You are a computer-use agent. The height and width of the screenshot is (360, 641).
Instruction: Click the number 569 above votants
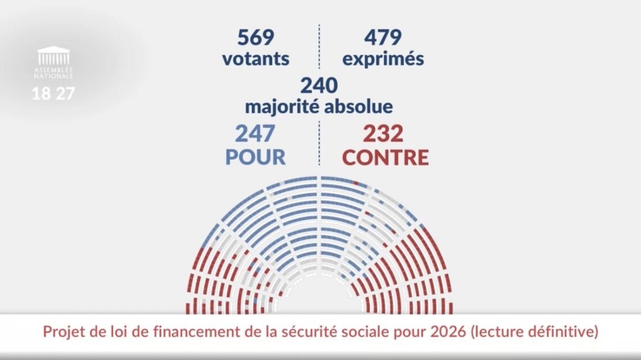[255, 38]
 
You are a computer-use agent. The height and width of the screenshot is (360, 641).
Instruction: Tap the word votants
[255, 58]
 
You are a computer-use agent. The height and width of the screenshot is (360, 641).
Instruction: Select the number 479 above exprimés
[382, 38]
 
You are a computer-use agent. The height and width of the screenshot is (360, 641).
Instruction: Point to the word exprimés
[383, 59]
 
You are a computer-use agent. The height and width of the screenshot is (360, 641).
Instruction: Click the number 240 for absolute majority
[319, 85]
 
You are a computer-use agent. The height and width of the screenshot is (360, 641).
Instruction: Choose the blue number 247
[255, 134]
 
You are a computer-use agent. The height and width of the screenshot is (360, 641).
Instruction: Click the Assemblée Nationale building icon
[53, 56]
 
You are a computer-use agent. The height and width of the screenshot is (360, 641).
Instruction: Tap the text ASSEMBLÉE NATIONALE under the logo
[53, 73]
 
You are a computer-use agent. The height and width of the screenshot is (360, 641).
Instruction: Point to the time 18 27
[53, 93]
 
